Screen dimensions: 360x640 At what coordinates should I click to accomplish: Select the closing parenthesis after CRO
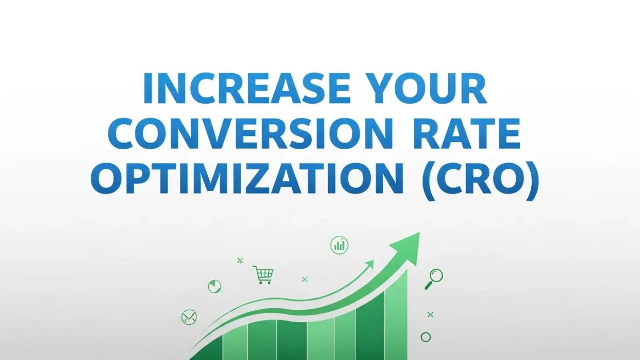click(x=533, y=182)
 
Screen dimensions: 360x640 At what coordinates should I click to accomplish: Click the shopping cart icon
click(x=263, y=274)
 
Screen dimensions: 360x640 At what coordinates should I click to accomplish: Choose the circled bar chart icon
click(x=339, y=245)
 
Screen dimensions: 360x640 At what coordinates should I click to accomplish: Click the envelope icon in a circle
click(x=189, y=317)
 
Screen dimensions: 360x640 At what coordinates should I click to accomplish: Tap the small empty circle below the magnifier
click(x=426, y=337)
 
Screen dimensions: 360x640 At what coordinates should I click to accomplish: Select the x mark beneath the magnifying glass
click(x=430, y=314)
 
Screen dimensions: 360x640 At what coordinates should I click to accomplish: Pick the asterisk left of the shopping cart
click(x=239, y=261)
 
